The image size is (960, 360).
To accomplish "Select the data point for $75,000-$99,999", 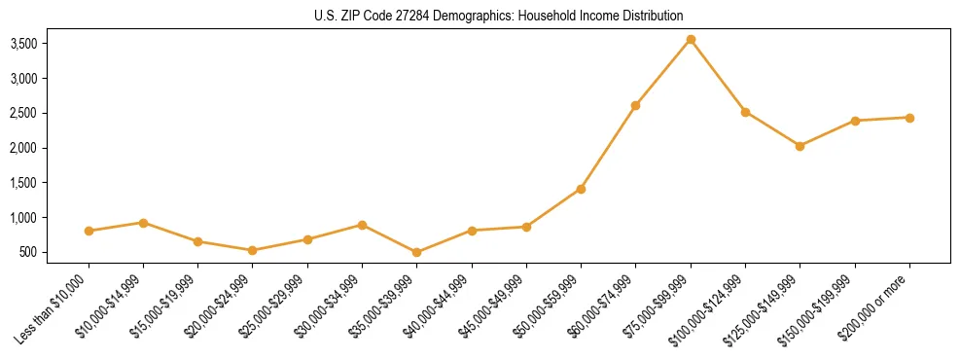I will (691, 40).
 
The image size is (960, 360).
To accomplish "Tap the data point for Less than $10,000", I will (89, 231).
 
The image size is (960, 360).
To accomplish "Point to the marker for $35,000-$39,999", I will (416, 252).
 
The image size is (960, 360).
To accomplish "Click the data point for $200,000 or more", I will (909, 118).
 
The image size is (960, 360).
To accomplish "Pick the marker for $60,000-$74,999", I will (635, 105).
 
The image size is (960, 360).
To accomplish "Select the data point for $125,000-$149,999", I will (800, 146).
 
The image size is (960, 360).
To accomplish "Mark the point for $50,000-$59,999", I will (581, 189).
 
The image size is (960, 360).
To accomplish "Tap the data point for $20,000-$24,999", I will (253, 250).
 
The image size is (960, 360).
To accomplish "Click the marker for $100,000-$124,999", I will (745, 112).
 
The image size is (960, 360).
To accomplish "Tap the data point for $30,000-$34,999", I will (362, 225).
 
